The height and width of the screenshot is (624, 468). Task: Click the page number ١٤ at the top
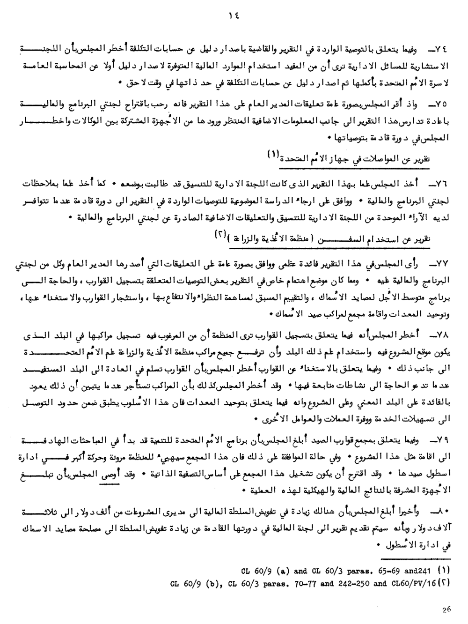tap(234, 15)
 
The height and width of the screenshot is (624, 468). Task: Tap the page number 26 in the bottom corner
tap(445, 609)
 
